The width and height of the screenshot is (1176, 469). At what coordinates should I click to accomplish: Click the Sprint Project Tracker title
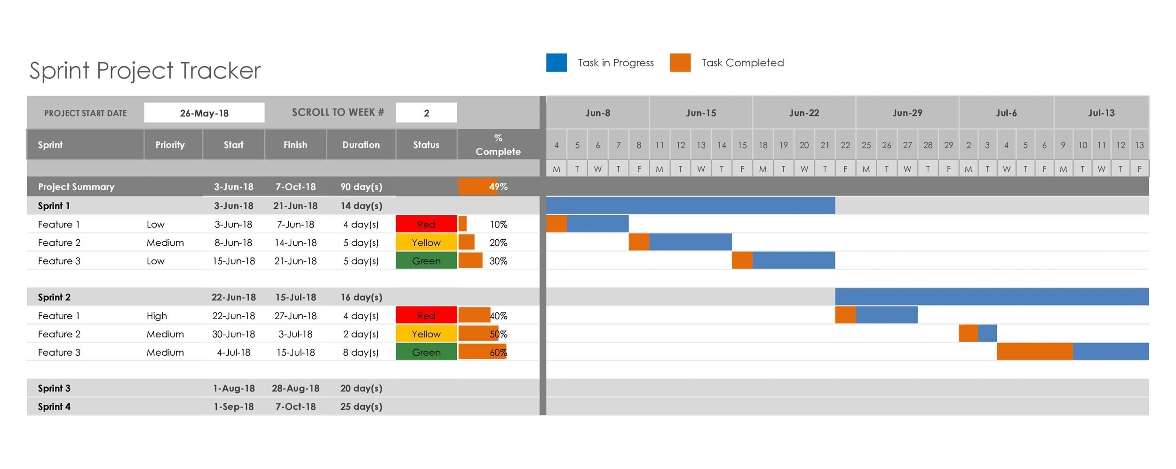click(145, 70)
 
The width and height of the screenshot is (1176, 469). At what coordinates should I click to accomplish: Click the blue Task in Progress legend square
click(556, 63)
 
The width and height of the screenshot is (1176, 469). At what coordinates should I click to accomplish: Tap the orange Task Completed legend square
click(680, 63)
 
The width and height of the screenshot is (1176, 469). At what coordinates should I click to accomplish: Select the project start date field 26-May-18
click(204, 113)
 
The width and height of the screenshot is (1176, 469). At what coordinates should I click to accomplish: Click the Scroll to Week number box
click(426, 113)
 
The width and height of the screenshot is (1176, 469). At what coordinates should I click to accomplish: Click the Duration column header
click(361, 145)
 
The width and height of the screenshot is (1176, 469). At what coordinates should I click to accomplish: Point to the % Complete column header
click(498, 145)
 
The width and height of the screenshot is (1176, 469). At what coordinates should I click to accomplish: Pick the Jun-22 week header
click(803, 113)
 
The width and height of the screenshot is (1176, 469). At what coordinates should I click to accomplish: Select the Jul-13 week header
click(1101, 113)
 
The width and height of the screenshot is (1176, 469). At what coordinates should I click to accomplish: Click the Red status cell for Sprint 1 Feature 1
click(426, 224)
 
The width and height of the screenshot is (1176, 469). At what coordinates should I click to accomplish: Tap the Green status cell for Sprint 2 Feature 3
click(426, 352)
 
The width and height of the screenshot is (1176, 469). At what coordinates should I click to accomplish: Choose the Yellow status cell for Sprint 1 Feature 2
click(426, 242)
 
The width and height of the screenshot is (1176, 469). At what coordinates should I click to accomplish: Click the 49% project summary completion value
click(498, 187)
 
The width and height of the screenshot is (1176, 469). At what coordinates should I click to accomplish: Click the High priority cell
click(157, 316)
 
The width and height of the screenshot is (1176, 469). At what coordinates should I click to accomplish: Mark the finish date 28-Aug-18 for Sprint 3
click(295, 388)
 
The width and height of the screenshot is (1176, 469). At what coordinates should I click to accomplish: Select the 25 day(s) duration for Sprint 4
click(361, 406)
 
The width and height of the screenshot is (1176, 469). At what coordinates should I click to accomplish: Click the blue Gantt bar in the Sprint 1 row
click(690, 205)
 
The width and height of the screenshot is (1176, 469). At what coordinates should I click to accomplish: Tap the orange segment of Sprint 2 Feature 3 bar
click(1034, 352)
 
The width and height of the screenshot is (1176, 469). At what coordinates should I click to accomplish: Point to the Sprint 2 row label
click(54, 297)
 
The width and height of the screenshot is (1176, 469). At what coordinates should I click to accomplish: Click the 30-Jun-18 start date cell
click(233, 334)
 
